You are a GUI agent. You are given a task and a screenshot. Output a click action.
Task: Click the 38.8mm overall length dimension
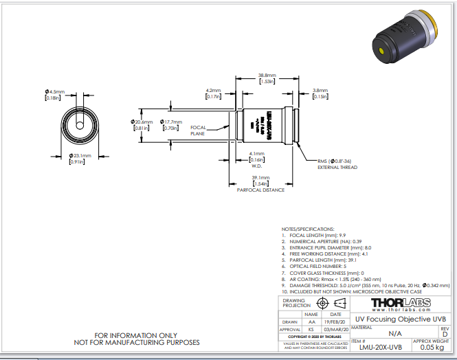(267, 76)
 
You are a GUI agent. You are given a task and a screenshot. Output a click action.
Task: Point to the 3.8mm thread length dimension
(320, 90)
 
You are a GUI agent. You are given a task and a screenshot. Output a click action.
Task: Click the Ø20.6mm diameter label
(142, 122)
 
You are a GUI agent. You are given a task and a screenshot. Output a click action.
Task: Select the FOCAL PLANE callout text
(198, 131)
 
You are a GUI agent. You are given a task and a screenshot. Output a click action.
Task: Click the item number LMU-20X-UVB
(380, 348)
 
